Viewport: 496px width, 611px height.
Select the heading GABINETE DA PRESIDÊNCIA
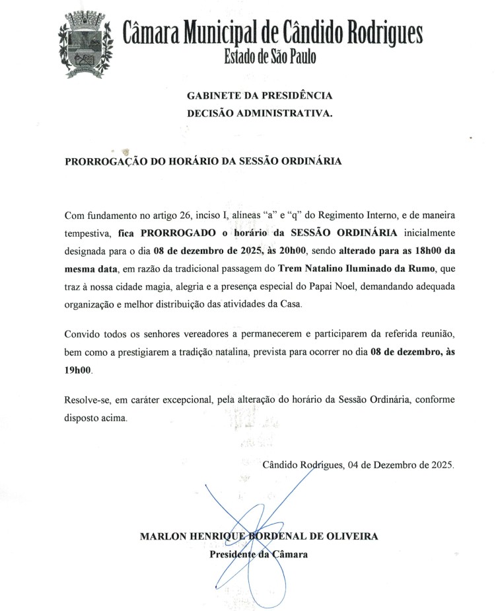[260, 97]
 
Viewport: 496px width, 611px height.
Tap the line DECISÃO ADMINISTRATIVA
[260, 113]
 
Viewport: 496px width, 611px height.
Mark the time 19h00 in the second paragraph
[79, 372]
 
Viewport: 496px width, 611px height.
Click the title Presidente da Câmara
[258, 554]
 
